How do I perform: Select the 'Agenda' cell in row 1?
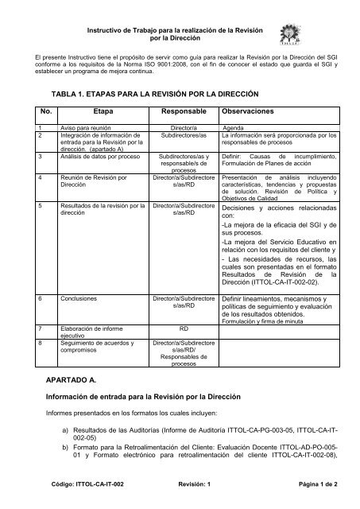click(234, 126)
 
